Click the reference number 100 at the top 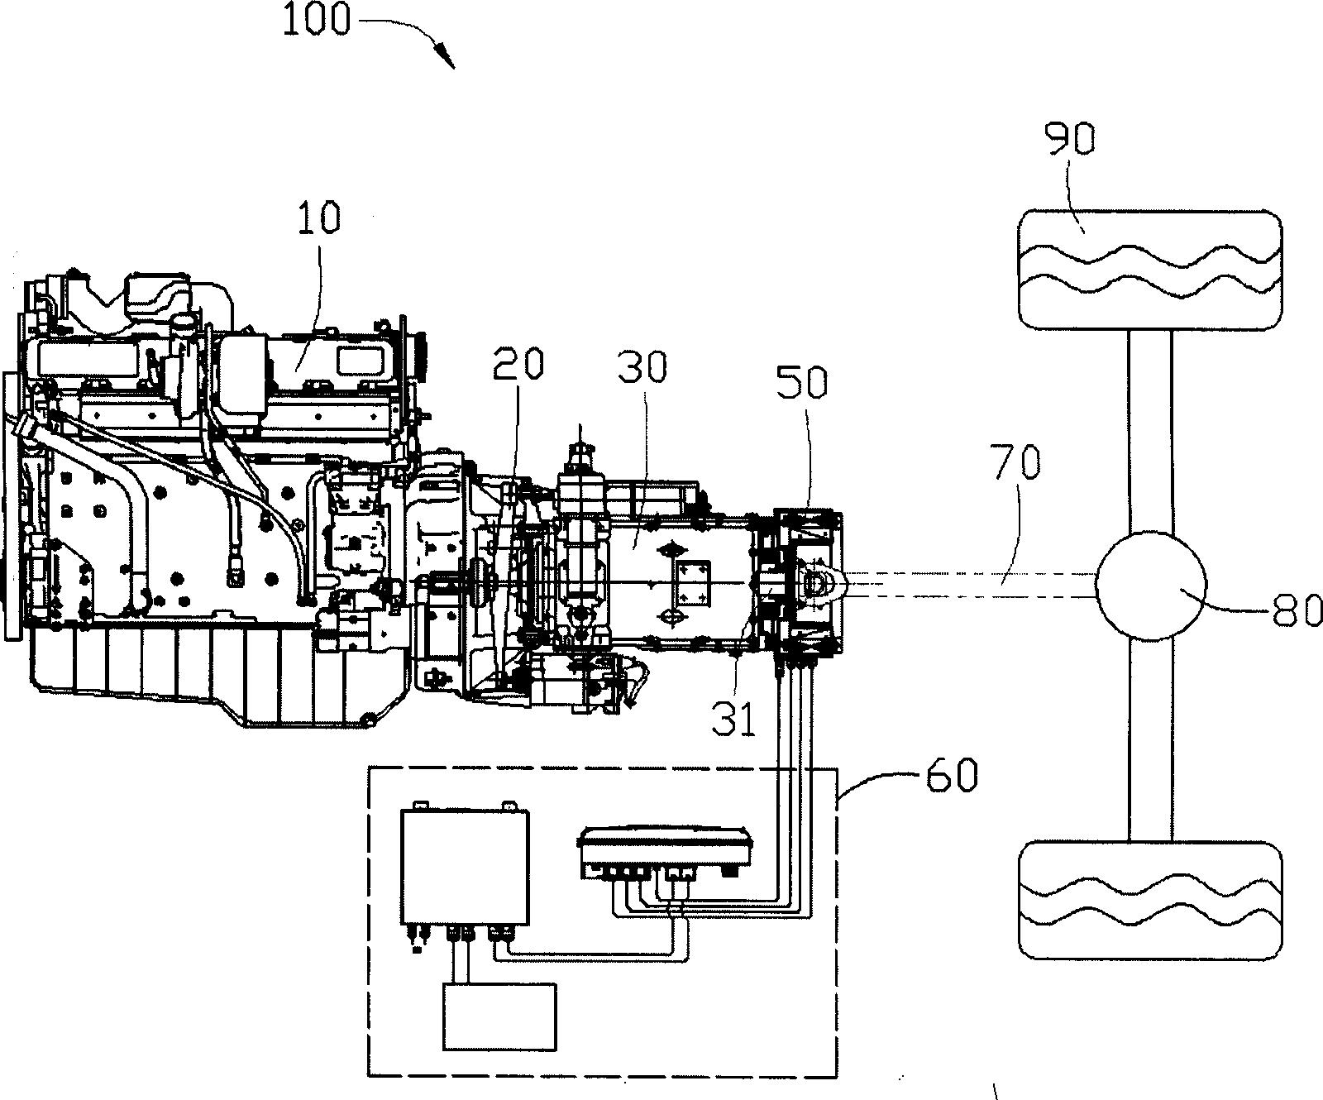tap(316, 19)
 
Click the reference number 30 tap(642, 366)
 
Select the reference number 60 tap(950, 776)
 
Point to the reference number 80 tap(1297, 614)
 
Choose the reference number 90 tap(1070, 140)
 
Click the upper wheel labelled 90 tap(1150, 270)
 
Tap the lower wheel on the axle tap(1150, 901)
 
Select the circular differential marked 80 tap(1150, 584)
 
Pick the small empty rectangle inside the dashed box tap(499, 1016)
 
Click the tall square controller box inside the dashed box tap(465, 866)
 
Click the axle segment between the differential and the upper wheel tap(1150, 430)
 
